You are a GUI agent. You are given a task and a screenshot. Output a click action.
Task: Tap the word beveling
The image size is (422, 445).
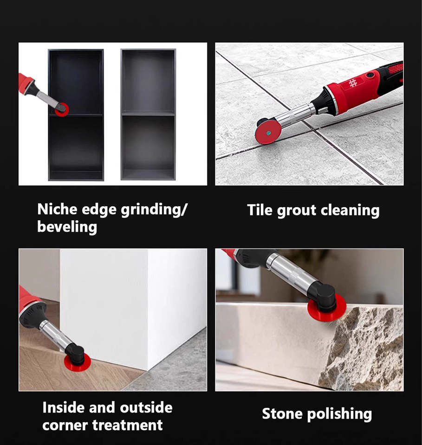(x=67, y=227)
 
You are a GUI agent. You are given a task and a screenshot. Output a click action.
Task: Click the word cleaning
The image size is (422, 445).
(x=350, y=210)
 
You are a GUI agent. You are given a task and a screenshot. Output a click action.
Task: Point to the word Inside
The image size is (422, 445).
(x=64, y=407)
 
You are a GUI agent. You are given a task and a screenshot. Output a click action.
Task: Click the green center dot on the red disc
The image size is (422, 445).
(x=268, y=133)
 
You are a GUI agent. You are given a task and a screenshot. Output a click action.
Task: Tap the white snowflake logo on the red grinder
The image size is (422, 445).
(x=353, y=83)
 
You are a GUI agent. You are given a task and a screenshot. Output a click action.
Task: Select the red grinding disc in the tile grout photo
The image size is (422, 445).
(x=268, y=133)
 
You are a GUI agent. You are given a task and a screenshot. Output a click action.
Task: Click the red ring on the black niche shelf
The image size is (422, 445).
(x=62, y=110)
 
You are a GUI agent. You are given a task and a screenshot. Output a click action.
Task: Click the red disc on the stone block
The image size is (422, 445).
(x=327, y=309)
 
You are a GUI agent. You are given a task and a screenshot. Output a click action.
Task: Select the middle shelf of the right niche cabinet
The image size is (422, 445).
(x=148, y=114)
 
